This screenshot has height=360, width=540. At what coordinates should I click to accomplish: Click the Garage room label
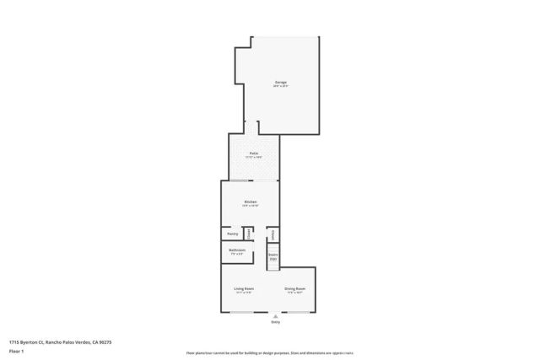point(280,82)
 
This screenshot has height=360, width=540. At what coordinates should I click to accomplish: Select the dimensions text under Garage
point(280,87)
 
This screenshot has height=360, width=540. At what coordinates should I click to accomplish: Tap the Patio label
point(253,153)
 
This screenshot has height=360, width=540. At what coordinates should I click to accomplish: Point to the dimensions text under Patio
point(253,158)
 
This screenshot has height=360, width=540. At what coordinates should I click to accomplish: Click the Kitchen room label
point(250,201)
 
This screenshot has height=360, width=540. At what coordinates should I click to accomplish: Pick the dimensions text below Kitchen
point(250,207)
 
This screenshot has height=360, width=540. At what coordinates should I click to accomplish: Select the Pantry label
point(231,234)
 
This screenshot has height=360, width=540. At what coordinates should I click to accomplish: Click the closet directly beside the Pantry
point(248,234)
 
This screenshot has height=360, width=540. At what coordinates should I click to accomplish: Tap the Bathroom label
point(237,250)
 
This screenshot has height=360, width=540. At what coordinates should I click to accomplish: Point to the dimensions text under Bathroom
point(237,255)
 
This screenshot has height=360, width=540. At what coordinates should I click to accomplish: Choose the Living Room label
point(244,288)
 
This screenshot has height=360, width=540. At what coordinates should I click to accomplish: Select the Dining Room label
point(294,288)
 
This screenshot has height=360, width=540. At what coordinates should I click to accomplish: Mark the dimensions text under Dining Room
point(294,293)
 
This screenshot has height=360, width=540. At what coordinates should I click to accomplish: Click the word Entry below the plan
point(275,323)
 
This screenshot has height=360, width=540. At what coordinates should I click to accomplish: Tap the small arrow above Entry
point(275,316)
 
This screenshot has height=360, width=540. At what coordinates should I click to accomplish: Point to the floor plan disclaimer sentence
point(270,353)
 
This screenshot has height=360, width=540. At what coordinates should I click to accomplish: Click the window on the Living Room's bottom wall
point(245,313)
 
